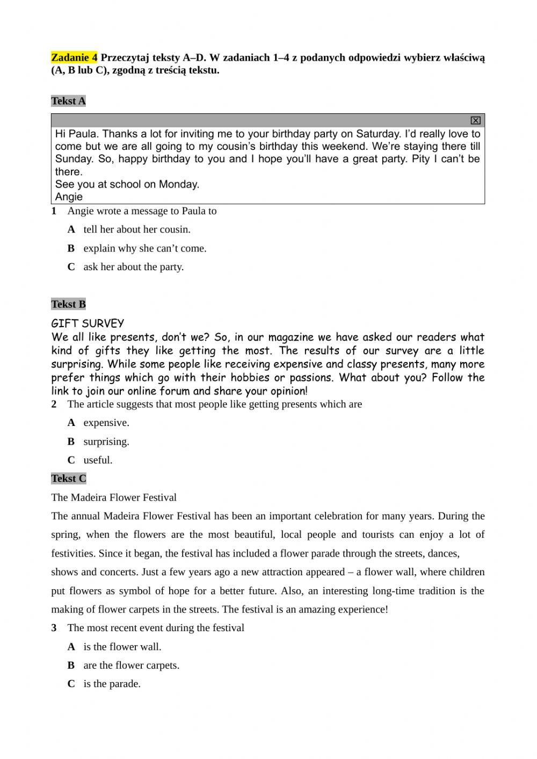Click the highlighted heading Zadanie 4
[74, 57]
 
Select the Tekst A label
[68, 101]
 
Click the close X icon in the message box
[475, 120]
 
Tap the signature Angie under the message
[69, 197]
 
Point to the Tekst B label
[68, 304]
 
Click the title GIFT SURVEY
[88, 323]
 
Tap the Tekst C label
[68, 479]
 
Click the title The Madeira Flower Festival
[114, 497]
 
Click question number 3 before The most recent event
[54, 628]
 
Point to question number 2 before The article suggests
[54, 404]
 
